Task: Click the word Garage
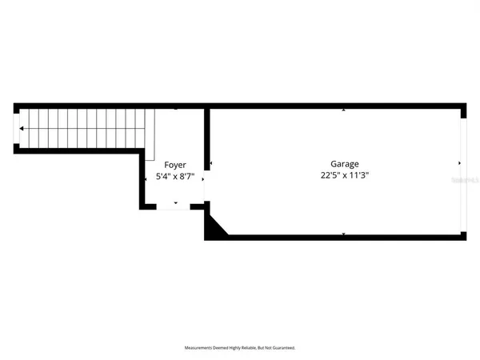(344, 162)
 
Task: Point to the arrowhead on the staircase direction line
(22, 128)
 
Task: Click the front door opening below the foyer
(174, 207)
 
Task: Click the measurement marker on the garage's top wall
(344, 110)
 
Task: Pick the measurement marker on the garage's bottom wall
(344, 234)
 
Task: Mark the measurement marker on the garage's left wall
(211, 163)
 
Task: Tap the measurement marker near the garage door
(458, 163)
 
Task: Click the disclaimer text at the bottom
(240, 348)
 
